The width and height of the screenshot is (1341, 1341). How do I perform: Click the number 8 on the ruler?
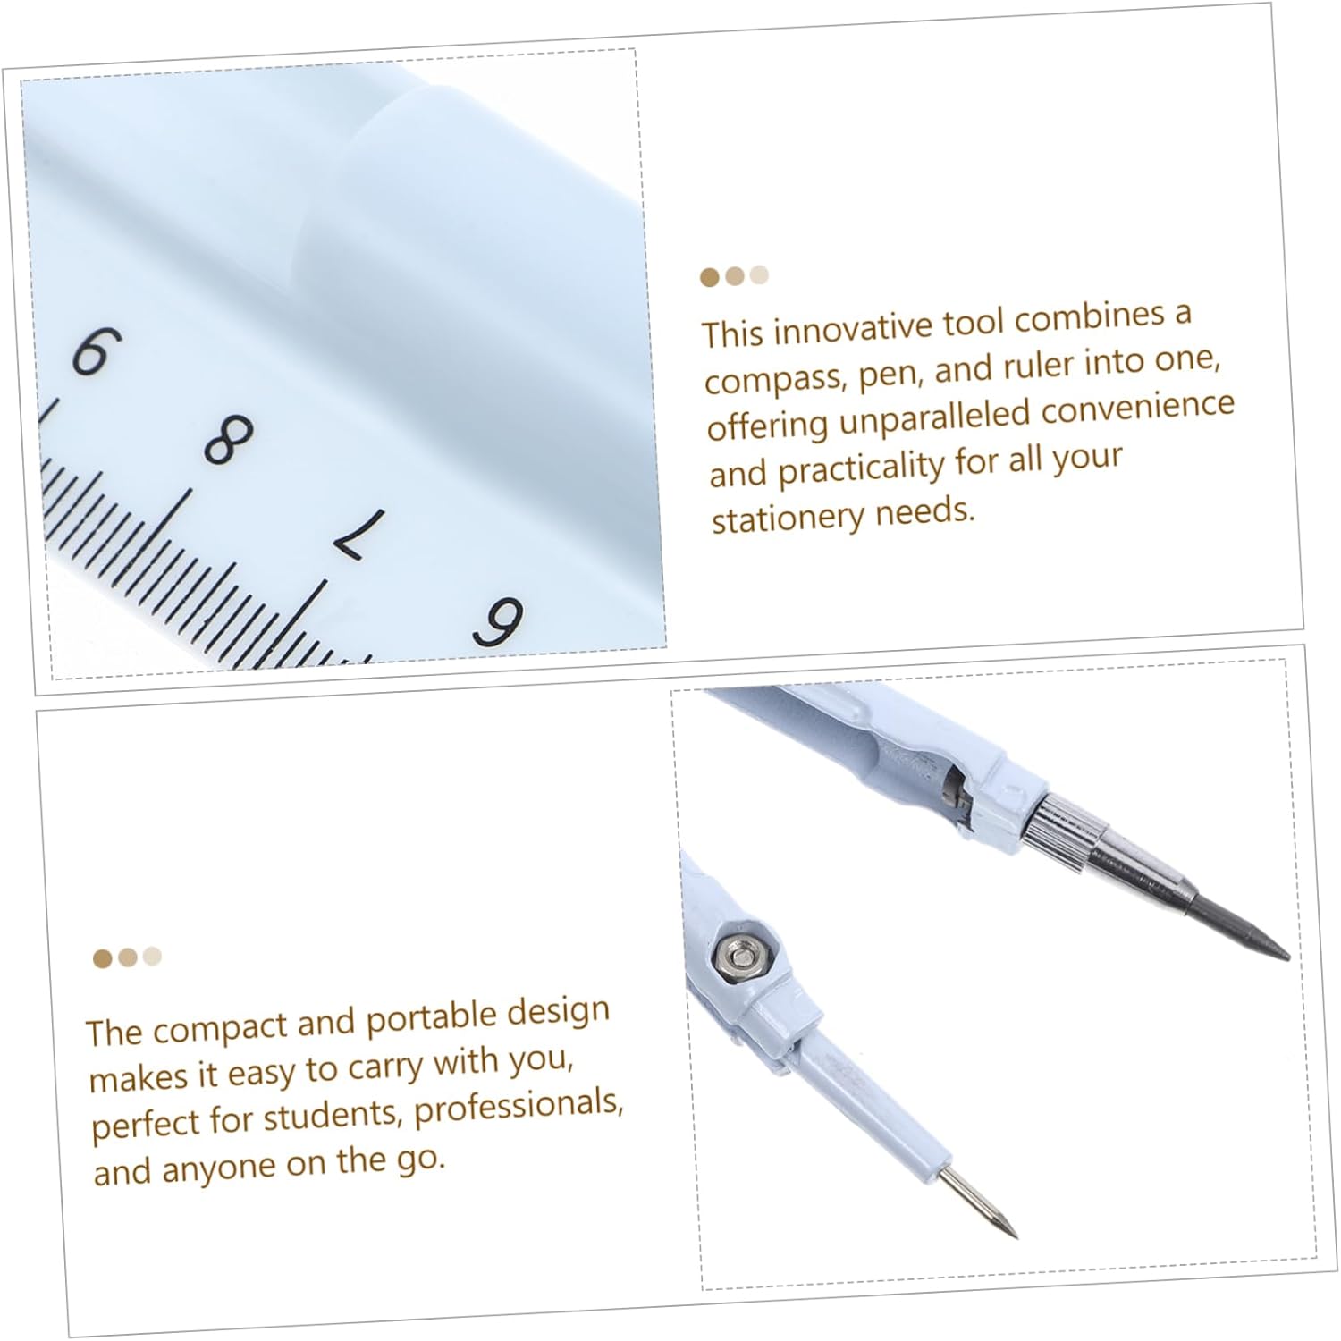click(229, 439)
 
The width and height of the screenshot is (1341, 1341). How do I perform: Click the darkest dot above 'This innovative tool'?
click(710, 278)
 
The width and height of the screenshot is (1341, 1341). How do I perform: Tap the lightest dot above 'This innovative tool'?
click(759, 274)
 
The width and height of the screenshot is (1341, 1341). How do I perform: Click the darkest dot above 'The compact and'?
click(103, 959)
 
